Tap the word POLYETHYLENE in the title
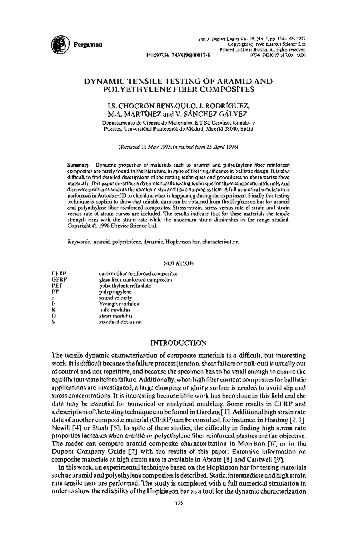click(x=149, y=88)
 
